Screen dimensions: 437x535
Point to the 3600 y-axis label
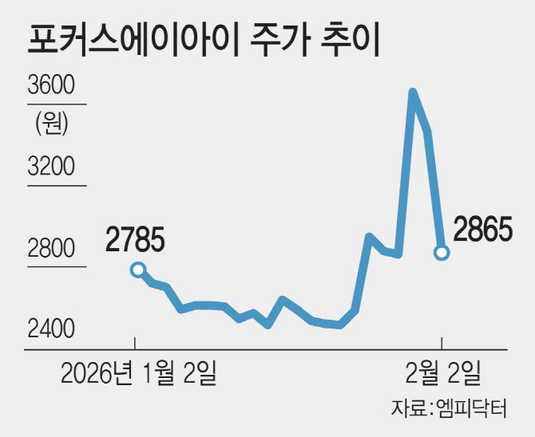point(50,85)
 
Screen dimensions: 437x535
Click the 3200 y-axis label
point(50,166)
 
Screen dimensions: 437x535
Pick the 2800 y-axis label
point(50,249)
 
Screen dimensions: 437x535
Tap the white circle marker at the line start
point(137,270)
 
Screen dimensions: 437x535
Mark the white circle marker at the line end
point(442,253)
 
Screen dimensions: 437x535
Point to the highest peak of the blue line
point(412,93)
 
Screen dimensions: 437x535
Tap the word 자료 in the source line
point(407,410)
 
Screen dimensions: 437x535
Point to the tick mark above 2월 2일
point(442,344)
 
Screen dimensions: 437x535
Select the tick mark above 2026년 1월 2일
point(135,344)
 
